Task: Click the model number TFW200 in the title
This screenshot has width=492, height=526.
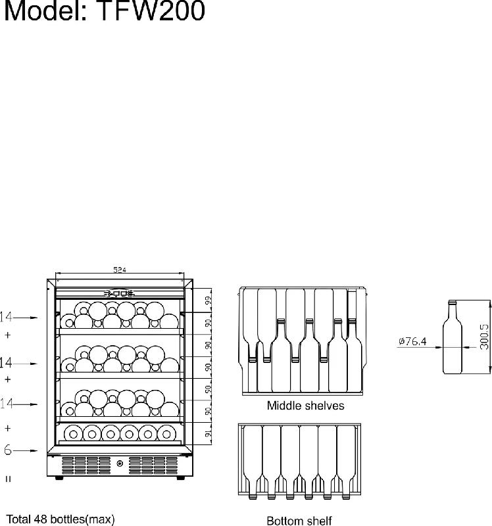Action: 151,11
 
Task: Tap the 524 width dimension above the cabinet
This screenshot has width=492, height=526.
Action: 120,270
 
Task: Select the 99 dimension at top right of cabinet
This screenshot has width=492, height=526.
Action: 209,300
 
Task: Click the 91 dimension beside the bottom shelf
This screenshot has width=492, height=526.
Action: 209,433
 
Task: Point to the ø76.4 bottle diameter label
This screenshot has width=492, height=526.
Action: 412,341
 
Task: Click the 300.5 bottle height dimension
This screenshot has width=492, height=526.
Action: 484,337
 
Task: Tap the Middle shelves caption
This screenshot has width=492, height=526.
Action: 305,406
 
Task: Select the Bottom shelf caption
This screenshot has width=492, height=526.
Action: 299,521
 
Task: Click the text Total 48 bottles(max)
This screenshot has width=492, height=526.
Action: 61,519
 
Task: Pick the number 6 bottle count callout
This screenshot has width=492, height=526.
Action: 8,450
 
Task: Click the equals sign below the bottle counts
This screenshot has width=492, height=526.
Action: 8,479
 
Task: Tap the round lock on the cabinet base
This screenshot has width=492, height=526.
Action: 120,464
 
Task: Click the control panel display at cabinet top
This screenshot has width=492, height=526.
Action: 120,294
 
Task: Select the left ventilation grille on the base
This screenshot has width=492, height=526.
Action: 86,465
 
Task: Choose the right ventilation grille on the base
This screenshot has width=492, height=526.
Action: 153,465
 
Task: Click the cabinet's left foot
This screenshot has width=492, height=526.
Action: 59,478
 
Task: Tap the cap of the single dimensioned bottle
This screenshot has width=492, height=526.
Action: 453,302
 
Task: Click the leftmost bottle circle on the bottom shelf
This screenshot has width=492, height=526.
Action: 73,435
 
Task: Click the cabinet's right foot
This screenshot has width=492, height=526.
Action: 181,478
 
